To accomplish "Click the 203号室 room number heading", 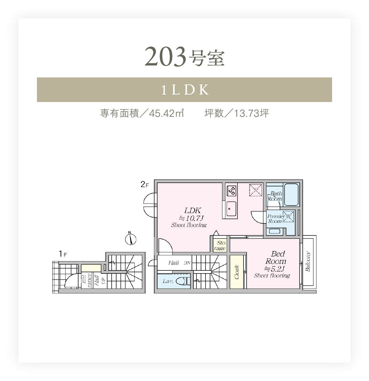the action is point(184,57).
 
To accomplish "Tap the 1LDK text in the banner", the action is point(185,90).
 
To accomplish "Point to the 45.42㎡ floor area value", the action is point(166,113).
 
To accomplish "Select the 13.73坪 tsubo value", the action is point(252,113).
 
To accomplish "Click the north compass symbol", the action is point(130,239).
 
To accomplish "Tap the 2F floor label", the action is point(145,184).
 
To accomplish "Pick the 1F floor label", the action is point(63,254).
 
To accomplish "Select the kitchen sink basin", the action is point(231,209).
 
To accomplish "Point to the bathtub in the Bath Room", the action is point(291,194).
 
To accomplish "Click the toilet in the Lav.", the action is point(183,281).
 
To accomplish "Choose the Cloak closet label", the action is point(236,272).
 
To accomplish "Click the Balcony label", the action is point(308,261).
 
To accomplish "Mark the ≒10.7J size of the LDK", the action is point(191,218).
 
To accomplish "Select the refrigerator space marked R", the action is point(256,190).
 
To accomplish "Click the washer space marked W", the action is point(288,216).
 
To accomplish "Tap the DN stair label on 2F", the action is point(187,263).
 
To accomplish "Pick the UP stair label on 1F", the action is point(103,281).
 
